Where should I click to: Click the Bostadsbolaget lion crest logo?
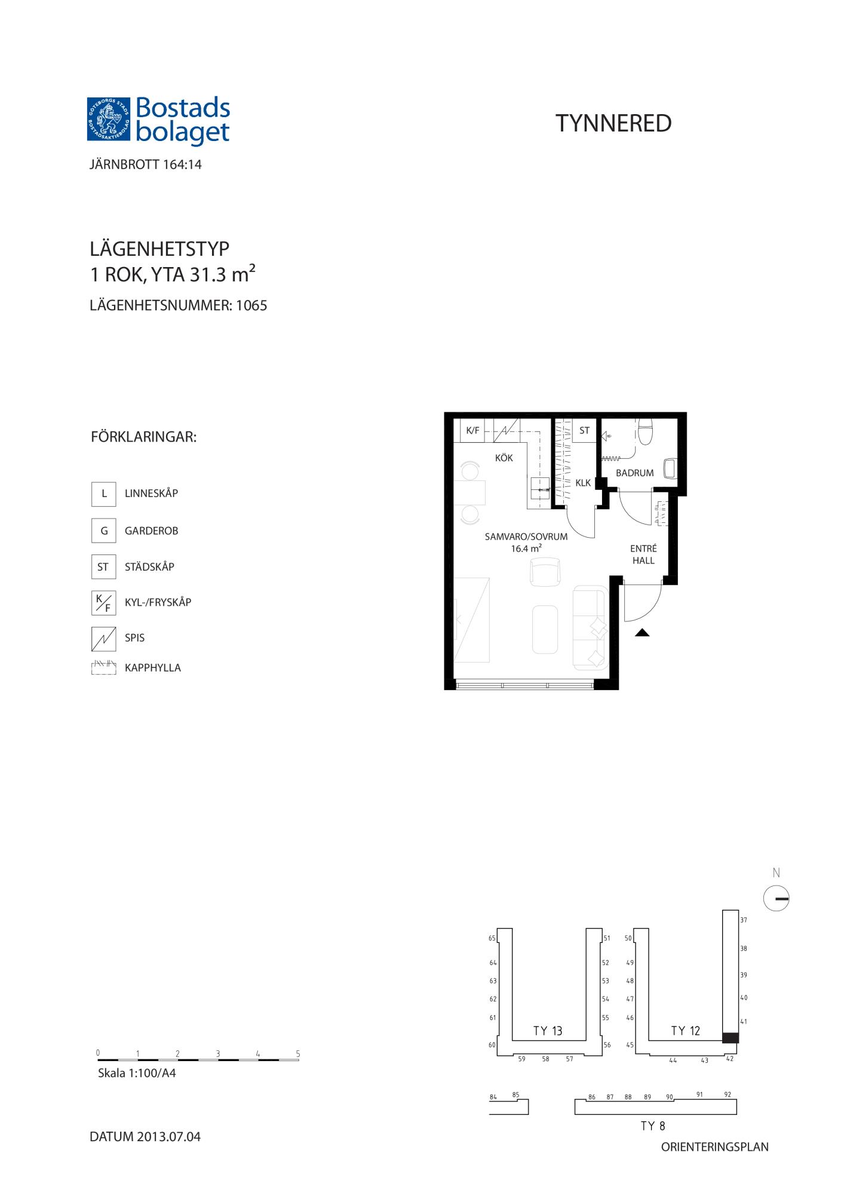[x=109, y=119]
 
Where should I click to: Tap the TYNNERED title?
[x=613, y=123]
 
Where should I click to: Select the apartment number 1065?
[x=251, y=305]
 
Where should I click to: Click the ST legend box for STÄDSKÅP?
[x=103, y=566]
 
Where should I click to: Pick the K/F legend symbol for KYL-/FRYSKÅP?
[x=103, y=602]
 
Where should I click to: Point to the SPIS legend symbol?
[x=103, y=638]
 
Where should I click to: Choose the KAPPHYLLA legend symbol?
[x=103, y=667]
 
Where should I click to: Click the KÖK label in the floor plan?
[x=504, y=458]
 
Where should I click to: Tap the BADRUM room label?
[x=634, y=473]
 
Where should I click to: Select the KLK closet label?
[x=583, y=483]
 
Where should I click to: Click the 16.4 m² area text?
[x=526, y=548]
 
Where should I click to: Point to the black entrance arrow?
[x=642, y=633]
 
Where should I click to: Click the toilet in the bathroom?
[x=645, y=431]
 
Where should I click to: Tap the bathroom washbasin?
[x=670, y=468]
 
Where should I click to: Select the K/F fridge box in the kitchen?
[x=472, y=430]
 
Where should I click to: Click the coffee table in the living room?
[x=545, y=630]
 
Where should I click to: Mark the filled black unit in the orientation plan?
[x=731, y=1038]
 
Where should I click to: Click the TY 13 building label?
[x=548, y=1031]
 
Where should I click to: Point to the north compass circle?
[x=777, y=898]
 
